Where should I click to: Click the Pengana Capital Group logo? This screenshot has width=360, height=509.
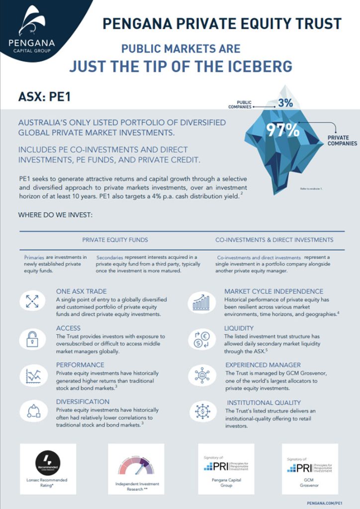point(31,30)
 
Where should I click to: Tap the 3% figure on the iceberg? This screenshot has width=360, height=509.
point(285,103)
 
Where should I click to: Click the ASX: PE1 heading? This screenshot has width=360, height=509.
point(44,96)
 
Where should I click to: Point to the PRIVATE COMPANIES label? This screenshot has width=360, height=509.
point(342,141)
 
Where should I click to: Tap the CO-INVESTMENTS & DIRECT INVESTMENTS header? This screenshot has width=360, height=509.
point(274,240)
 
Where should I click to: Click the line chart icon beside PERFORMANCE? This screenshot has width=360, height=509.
point(33,375)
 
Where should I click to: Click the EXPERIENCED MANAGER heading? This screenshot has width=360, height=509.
point(263,365)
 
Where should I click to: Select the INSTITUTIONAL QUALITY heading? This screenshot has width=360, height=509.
point(264,402)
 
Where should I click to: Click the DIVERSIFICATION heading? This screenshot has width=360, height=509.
point(83,402)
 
